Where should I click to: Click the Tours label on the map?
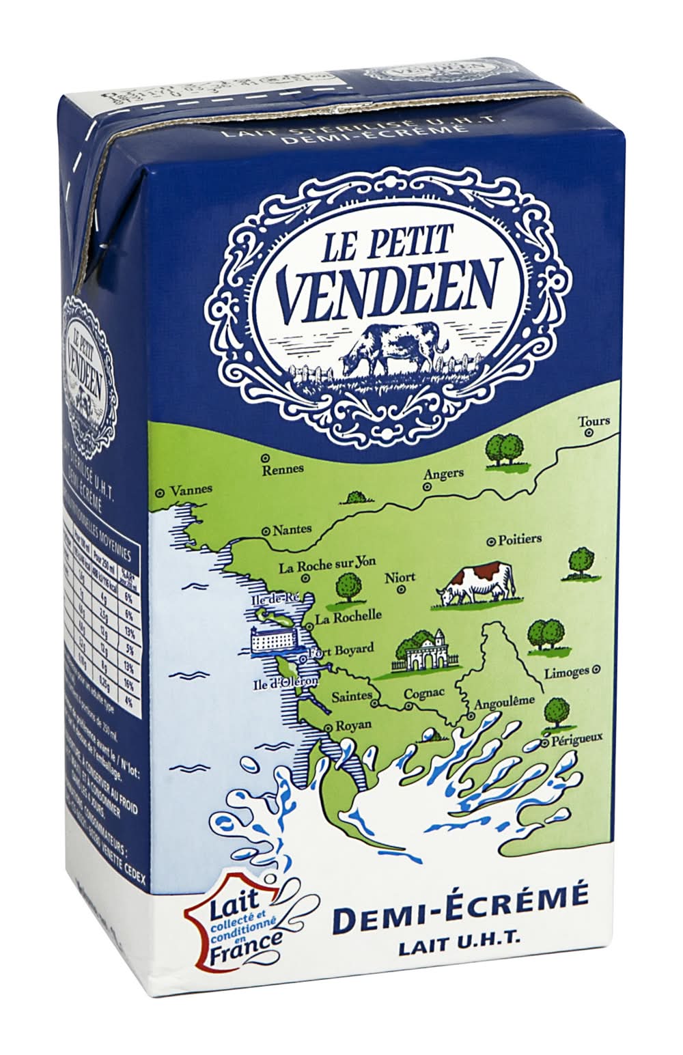point(593,421)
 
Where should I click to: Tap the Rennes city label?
point(283,469)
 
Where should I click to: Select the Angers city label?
point(443,473)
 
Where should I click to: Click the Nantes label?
point(292,529)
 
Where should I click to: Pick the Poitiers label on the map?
point(520,539)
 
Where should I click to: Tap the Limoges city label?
point(566,672)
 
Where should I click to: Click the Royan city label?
point(352,725)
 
